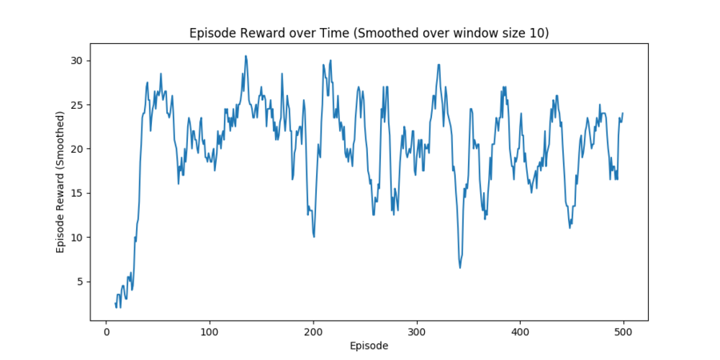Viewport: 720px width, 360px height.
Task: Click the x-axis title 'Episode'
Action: point(369,346)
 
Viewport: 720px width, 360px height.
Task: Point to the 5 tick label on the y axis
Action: point(80,282)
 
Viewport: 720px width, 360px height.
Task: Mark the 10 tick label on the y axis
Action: point(78,238)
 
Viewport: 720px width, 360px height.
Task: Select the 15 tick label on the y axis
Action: point(78,194)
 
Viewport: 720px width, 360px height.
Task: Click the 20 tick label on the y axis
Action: point(78,149)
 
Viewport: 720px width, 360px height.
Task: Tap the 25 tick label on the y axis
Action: point(78,105)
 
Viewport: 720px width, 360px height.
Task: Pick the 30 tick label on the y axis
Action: point(78,61)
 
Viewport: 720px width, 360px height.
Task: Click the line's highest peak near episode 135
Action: point(246,56)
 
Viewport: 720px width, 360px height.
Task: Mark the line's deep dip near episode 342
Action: point(460,267)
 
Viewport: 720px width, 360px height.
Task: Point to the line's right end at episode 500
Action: point(623,114)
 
